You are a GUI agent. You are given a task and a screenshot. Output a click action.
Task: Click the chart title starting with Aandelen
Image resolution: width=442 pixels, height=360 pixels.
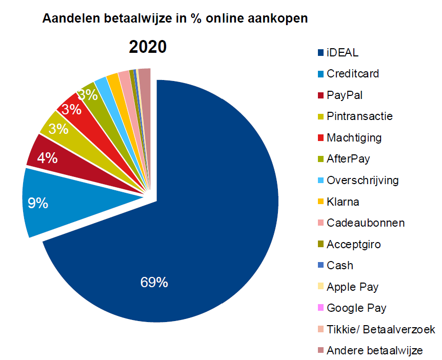click(175, 19)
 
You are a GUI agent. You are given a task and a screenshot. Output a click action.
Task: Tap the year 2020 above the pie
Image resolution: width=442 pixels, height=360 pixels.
click(148, 47)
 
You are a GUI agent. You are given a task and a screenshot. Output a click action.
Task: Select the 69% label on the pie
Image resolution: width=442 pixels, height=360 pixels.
click(154, 282)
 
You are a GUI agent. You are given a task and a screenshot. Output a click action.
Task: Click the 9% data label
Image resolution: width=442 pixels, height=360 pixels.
click(38, 204)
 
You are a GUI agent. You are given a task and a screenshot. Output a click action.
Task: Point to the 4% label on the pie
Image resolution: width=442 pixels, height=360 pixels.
click(47, 157)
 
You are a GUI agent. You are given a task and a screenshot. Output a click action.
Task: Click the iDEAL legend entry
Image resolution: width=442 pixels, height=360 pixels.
click(343, 52)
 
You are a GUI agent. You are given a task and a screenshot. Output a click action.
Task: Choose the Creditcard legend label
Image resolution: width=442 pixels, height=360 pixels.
click(353, 74)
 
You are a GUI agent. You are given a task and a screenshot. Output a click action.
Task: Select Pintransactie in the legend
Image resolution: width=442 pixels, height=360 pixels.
click(359, 116)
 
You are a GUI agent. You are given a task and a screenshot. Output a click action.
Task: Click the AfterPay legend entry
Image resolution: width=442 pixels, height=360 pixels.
click(348, 159)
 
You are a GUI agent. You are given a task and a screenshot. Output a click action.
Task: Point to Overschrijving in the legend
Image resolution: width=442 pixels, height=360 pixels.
click(363, 181)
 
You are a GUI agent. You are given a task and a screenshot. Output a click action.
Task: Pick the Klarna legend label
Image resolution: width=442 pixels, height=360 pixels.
click(343, 202)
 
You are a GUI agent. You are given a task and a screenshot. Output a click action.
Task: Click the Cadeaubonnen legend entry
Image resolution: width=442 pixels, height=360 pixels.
click(366, 223)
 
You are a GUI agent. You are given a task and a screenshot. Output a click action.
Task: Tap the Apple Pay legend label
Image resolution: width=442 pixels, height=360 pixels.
click(352, 287)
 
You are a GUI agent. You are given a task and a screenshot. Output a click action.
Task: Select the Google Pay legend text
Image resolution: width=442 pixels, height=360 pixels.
click(356, 308)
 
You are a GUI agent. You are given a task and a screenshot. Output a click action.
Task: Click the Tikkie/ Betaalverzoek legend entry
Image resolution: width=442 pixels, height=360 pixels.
click(380, 330)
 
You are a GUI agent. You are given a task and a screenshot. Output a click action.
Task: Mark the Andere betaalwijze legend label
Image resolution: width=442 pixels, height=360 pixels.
click(375, 351)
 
